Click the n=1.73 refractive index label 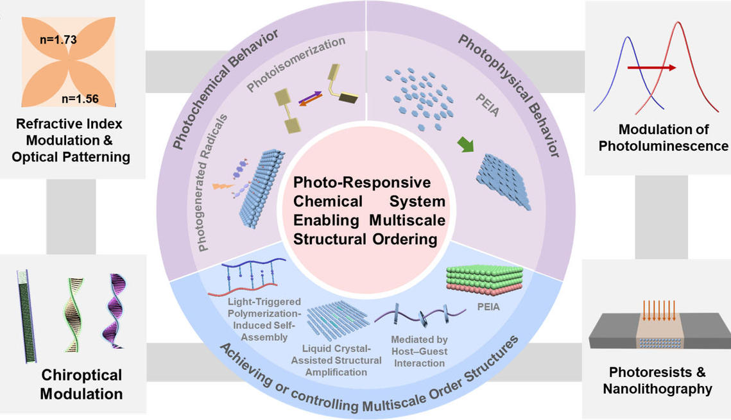pos(58,40)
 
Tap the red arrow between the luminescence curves pos(651,67)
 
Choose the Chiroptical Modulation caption pos(81,383)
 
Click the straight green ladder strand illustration pos(27,315)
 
